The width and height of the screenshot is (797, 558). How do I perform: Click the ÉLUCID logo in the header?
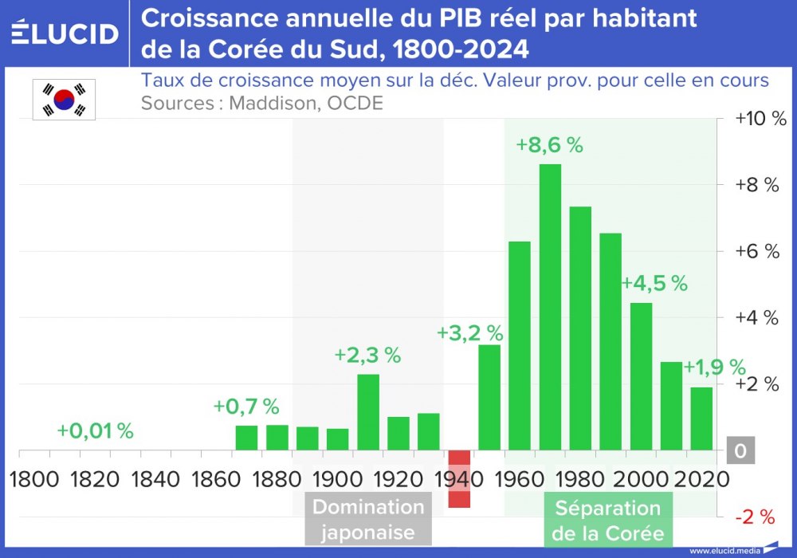[65, 33]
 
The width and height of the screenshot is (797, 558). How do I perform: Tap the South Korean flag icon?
[64, 100]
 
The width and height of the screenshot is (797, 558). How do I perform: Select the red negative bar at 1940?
[459, 478]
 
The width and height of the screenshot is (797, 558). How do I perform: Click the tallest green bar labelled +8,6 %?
[550, 307]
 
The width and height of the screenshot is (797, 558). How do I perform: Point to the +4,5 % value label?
[654, 284]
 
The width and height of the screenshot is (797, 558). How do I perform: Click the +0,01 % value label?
[95, 431]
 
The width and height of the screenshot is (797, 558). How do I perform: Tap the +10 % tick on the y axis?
[760, 119]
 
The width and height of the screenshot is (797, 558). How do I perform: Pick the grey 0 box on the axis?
[740, 452]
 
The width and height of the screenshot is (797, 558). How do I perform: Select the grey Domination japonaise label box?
[368, 520]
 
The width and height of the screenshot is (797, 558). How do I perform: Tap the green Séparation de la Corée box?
[608, 521]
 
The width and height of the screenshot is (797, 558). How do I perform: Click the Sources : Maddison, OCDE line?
[261, 104]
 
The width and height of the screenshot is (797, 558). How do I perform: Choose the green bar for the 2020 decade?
[701, 418]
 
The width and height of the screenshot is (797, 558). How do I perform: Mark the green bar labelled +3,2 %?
[489, 397]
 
